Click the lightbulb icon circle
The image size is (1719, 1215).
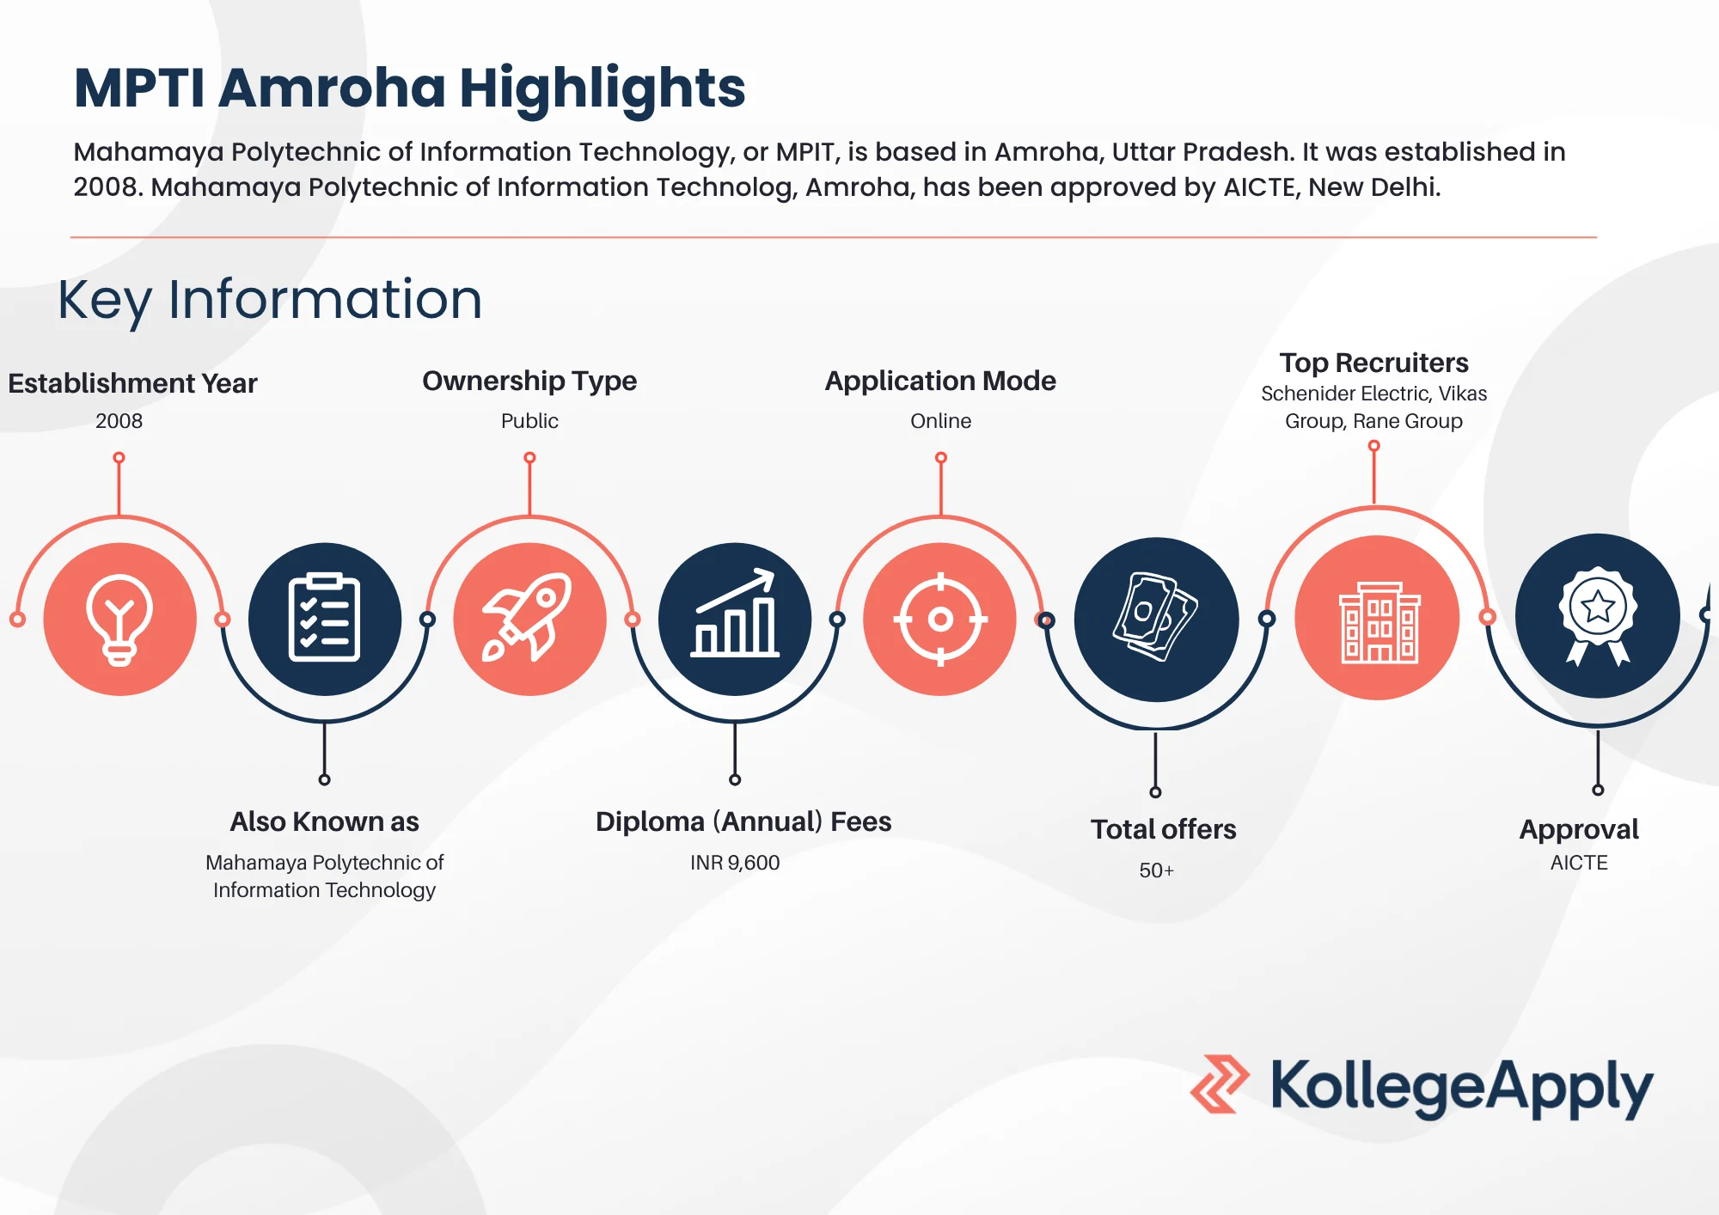[119, 619]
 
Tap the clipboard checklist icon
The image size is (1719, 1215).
[324, 619]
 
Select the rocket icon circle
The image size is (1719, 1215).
[529, 619]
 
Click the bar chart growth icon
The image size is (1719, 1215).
[735, 619]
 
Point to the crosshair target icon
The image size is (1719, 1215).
[940, 619]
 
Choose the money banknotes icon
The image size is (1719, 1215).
[1156, 619]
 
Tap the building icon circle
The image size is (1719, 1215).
[1377, 619]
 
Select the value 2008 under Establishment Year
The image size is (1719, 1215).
[119, 421]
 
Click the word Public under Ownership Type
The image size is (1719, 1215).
[529, 421]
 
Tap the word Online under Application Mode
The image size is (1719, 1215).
[940, 421]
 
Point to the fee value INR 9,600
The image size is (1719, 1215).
[735, 863]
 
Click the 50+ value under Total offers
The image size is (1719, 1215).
[1156, 870]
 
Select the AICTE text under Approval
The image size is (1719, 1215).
[1579, 863]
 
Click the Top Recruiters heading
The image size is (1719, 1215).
[1373, 363]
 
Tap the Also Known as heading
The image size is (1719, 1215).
[324, 821]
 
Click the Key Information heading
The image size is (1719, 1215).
[270, 300]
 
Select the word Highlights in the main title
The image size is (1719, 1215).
[602, 89]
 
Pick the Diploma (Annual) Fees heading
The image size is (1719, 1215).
[743, 821]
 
